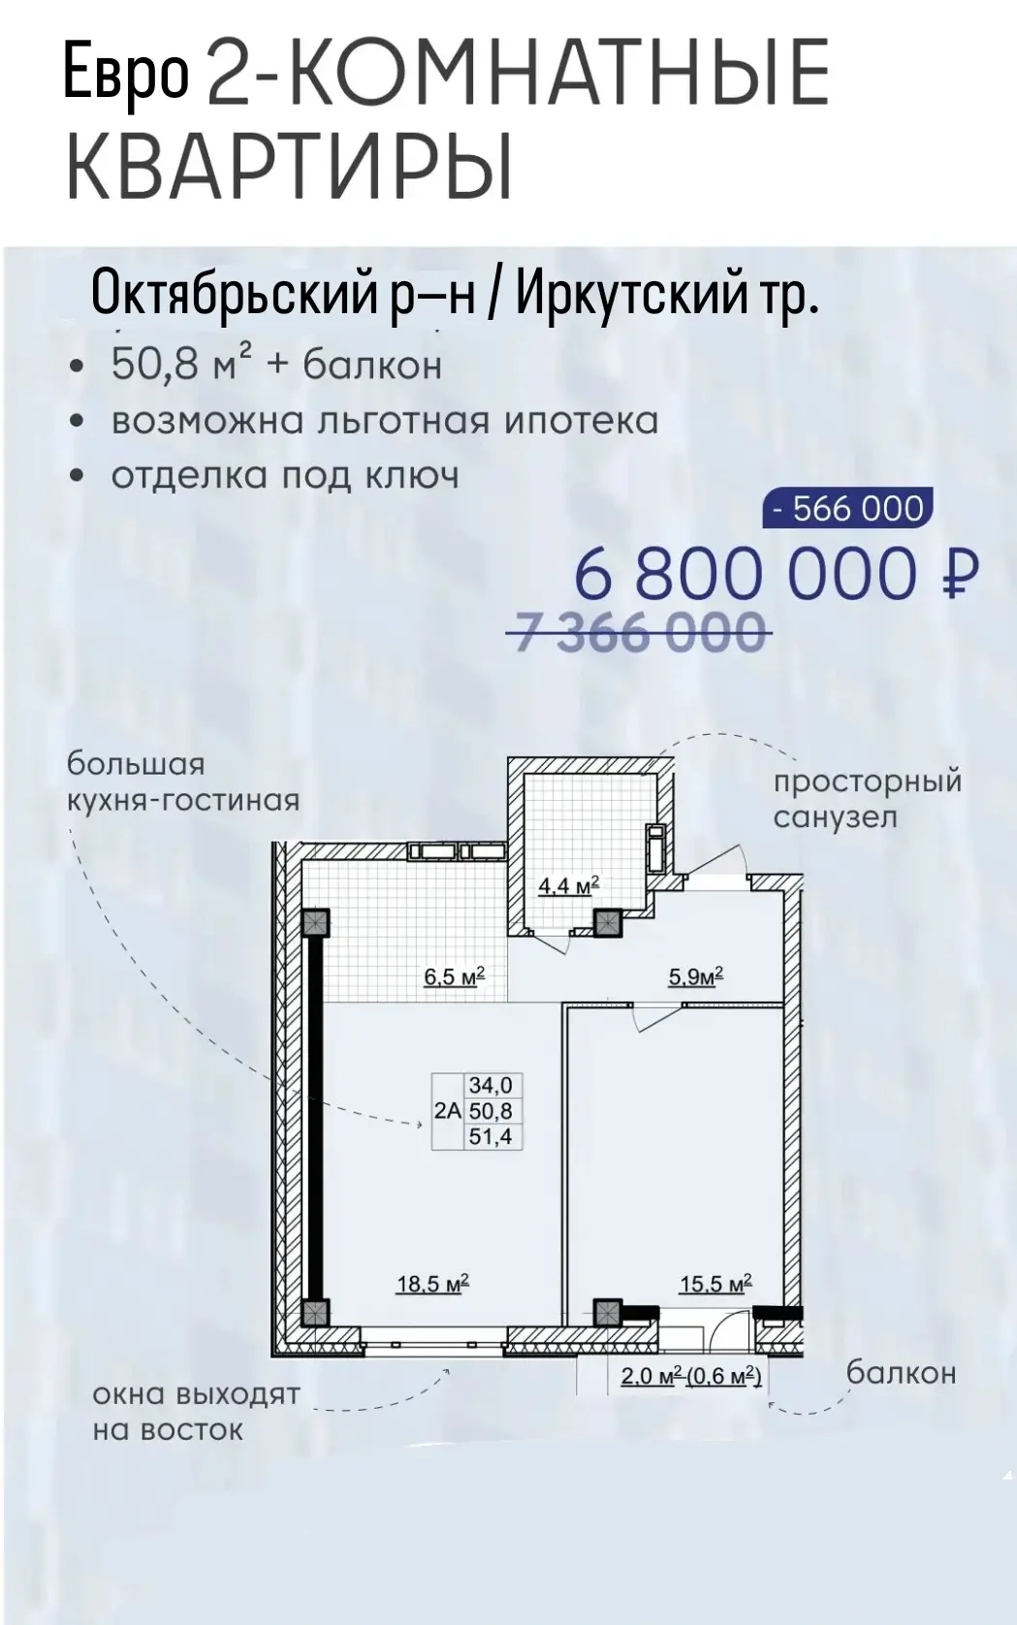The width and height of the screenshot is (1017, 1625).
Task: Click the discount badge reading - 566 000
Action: [848, 508]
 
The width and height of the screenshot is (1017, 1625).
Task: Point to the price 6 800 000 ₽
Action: [777, 573]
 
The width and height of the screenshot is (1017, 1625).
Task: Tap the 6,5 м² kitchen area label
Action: [454, 976]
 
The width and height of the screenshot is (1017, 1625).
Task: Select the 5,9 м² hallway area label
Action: [696, 976]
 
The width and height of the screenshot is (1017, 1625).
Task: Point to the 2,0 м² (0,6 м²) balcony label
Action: [690, 1376]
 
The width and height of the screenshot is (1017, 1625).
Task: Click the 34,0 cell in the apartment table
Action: [492, 1085]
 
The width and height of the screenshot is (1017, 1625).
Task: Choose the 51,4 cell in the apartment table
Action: [492, 1136]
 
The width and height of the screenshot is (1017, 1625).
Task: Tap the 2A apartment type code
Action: [448, 1111]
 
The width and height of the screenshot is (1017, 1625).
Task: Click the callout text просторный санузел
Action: [868, 800]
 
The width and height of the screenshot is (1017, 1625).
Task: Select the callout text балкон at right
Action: [901, 1373]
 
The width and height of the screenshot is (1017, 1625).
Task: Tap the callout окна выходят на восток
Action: [196, 1413]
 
